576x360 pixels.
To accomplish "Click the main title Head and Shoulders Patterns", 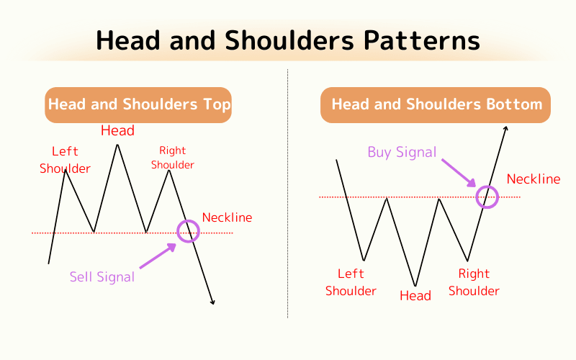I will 288,40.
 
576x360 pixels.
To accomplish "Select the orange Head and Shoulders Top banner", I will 139,105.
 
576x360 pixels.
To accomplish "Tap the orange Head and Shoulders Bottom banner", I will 436,105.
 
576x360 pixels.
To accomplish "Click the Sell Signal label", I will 102,276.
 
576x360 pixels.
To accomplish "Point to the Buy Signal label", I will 402,152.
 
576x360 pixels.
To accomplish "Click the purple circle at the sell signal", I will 188,230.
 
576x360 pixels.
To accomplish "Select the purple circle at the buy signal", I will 488,196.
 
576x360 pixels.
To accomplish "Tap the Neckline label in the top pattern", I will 228,217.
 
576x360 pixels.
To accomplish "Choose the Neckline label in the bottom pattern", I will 534,179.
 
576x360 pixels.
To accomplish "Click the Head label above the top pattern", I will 117,130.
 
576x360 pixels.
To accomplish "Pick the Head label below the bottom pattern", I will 415,296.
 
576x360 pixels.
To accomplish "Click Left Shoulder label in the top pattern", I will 66,160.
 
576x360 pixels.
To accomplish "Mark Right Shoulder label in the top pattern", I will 173,158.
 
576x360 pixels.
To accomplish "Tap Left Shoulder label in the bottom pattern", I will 351,282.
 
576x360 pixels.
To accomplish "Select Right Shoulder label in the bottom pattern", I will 474,282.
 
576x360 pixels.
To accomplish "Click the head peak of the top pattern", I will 117,145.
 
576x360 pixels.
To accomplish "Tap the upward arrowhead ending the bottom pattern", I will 506,129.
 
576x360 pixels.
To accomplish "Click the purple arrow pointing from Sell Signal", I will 157,256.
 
